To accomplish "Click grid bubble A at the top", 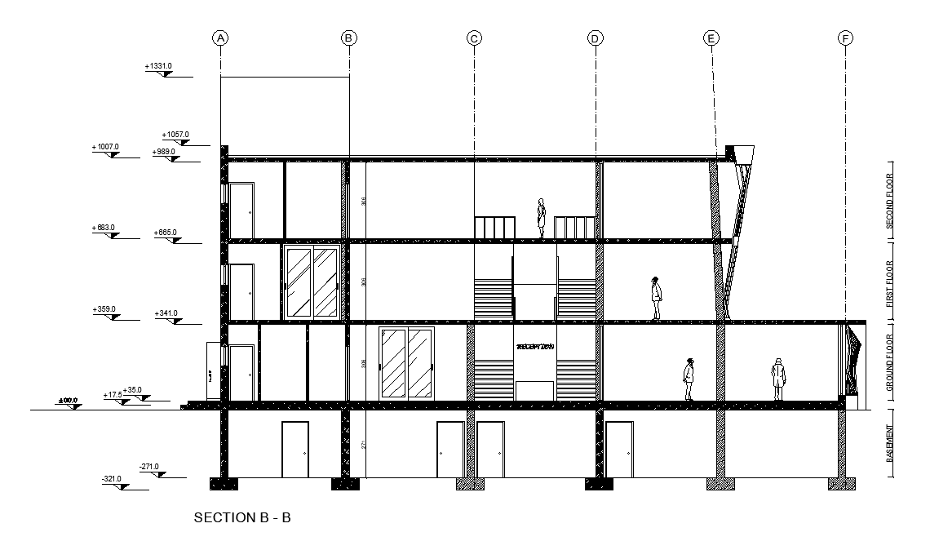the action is [x=219, y=38].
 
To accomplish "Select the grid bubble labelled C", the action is [x=474, y=38].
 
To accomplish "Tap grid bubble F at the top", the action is [x=845, y=38].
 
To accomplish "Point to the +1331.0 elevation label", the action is [x=158, y=65].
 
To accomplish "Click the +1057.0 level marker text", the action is [x=175, y=134].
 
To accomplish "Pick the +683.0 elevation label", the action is [x=105, y=228].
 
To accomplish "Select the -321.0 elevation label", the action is [x=111, y=479].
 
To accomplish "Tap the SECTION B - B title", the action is [x=242, y=517].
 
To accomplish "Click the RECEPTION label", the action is [x=535, y=347].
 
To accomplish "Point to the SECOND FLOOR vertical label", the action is [x=889, y=200].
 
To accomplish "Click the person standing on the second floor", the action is [x=541, y=219].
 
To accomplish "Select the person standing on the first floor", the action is [x=656, y=299].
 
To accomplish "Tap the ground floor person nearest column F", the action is [x=779, y=379].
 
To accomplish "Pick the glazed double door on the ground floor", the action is [x=407, y=364].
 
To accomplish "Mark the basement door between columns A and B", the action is [x=294, y=449].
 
